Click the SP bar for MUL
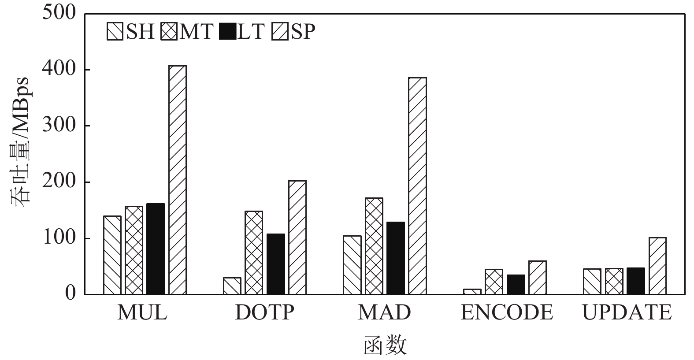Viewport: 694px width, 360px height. [178, 180]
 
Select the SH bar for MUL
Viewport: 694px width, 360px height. [112, 255]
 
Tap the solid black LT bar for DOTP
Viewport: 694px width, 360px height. [276, 264]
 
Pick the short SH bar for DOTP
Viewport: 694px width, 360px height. [232, 286]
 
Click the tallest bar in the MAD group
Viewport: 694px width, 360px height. [417, 186]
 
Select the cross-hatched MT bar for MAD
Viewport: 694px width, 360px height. [374, 246]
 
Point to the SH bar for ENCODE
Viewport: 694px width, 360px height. [472, 292]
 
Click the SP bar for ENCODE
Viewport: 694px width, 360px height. [538, 278]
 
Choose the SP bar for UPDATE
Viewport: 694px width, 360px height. [657, 266]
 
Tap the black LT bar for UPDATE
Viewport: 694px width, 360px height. [635, 281]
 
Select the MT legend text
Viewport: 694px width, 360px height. [197, 32]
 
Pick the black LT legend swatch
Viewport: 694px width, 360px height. [227, 32]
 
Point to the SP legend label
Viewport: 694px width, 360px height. [303, 32]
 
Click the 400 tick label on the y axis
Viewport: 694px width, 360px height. [59, 70]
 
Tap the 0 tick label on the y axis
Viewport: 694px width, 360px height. [71, 294]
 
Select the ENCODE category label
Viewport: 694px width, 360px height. [507, 313]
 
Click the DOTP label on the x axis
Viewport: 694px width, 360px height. [264, 313]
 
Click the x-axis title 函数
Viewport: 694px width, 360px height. [385, 345]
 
